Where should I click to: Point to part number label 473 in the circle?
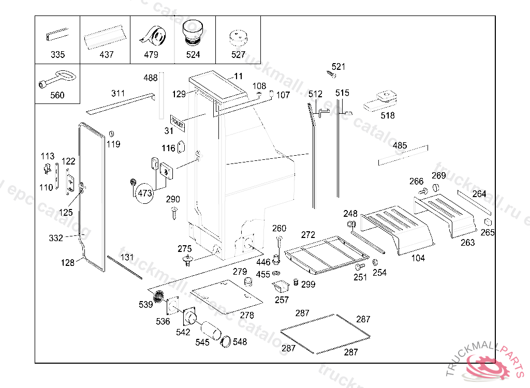pos(144,193)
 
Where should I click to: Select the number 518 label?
pos(388,115)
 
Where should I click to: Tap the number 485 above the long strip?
pos(400,145)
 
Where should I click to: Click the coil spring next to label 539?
pos(160,299)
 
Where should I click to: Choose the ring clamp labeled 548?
pos(226,341)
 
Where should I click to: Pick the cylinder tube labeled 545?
pos(210,330)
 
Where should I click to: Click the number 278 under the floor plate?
pos(247,315)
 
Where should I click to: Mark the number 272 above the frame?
pos(308,235)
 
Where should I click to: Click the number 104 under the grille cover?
pos(418,258)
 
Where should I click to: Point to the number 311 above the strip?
pos(118,94)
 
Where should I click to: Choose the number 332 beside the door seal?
pos(56,238)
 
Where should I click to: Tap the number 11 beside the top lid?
pos(238,77)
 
